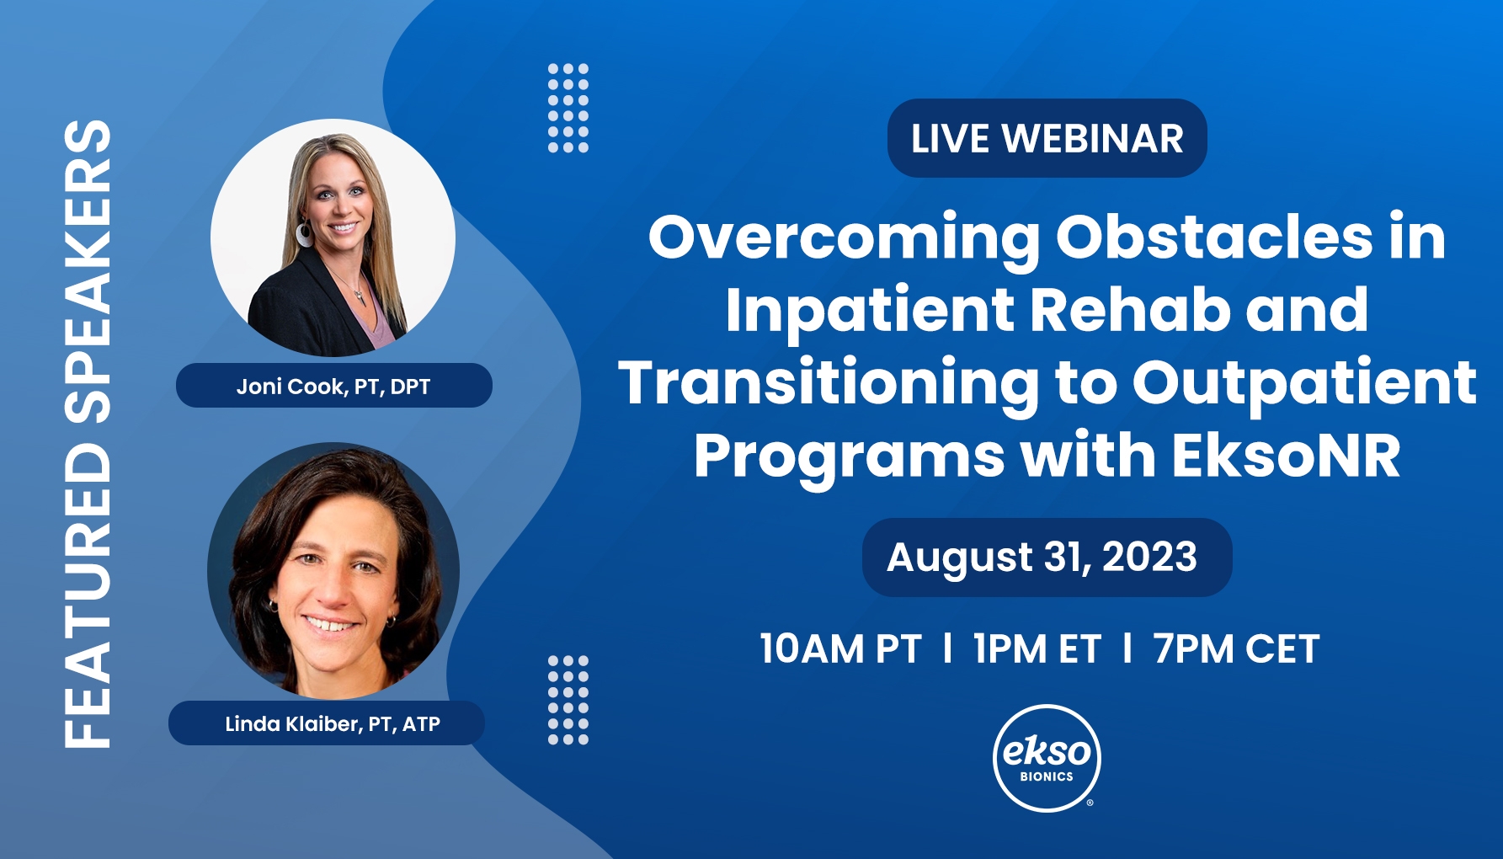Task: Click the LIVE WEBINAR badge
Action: pyautogui.click(x=1047, y=138)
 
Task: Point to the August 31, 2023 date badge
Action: pyautogui.click(x=1047, y=558)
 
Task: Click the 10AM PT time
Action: pyautogui.click(x=840, y=649)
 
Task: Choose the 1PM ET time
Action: pyautogui.click(x=1037, y=649)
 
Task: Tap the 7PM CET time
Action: pyautogui.click(x=1236, y=649)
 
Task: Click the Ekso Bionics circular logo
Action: pyautogui.click(x=1047, y=758)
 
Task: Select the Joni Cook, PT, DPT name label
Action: pyautogui.click(x=333, y=386)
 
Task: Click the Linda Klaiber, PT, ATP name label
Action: pyautogui.click(x=327, y=723)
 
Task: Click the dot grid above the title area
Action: pyautogui.click(x=568, y=108)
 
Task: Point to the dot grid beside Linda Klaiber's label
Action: pyautogui.click(x=568, y=700)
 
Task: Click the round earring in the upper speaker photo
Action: pyautogui.click(x=304, y=233)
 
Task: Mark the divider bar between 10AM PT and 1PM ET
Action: pyautogui.click(x=948, y=648)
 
